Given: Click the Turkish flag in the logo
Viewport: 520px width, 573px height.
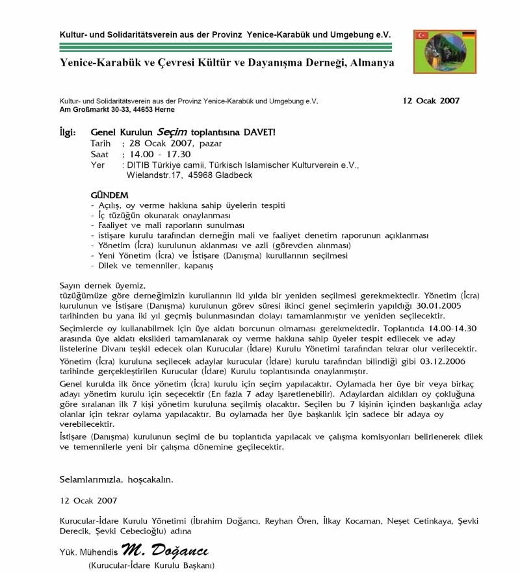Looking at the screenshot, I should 421,34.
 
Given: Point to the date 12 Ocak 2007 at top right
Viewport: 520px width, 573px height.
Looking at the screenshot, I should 431,101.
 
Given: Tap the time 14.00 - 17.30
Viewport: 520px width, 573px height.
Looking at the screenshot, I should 158,154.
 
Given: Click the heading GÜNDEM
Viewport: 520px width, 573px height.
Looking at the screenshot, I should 109,195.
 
